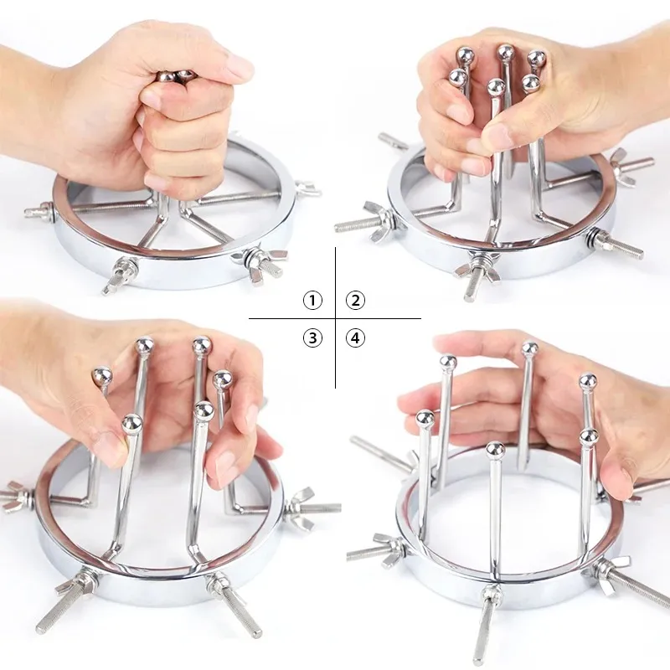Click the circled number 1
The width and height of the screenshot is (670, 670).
pyautogui.click(x=312, y=301)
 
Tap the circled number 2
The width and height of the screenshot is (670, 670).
pyautogui.click(x=355, y=301)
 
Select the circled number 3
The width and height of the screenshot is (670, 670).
pyautogui.click(x=312, y=338)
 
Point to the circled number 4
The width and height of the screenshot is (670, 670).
pyautogui.click(x=355, y=338)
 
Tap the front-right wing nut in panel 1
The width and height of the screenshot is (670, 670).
pyautogui.click(x=258, y=260)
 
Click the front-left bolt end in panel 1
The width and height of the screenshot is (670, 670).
pyautogui.click(x=112, y=283)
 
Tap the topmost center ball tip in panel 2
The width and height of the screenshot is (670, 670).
pyautogui.click(x=506, y=53)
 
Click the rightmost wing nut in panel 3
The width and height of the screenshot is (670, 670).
pyautogui.click(x=301, y=508)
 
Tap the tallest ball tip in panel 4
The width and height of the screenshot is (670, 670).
pyautogui.click(x=530, y=348)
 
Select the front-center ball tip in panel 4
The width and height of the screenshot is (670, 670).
pyautogui.click(x=495, y=449)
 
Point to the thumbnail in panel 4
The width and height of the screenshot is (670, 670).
pyautogui.click(x=616, y=479)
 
